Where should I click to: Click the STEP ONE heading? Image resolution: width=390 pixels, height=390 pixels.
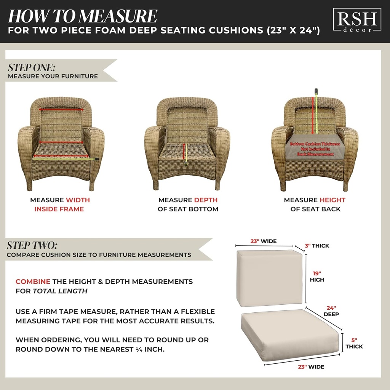tap(32, 68)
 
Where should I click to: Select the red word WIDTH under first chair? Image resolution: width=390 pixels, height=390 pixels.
tap(78, 200)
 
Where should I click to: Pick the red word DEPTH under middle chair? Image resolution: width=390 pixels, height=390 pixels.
tap(206, 200)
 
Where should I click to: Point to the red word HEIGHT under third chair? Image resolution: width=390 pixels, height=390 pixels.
tap(332, 200)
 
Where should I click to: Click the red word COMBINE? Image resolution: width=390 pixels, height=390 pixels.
tap(33, 282)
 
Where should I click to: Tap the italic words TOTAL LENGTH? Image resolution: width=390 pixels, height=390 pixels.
tap(60, 291)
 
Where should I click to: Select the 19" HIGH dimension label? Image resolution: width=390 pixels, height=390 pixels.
tap(317, 277)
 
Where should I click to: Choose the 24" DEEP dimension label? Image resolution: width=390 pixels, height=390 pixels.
tap(331, 311)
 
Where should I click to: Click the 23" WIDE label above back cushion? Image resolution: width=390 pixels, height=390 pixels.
tap(263, 241)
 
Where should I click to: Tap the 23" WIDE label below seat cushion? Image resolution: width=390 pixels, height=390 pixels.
tap(311, 367)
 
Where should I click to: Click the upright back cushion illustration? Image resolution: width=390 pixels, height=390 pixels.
tap(269, 278)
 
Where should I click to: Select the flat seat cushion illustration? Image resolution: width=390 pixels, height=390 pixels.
tap(289, 334)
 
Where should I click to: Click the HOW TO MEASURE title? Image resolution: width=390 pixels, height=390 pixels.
tap(82, 16)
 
